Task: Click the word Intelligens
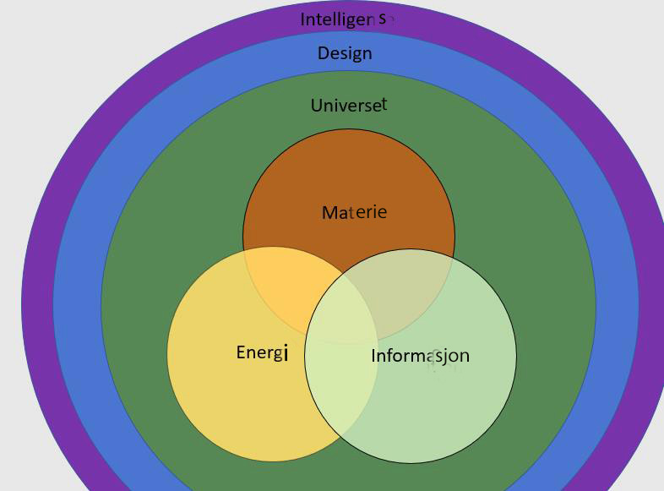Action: pyautogui.click(x=347, y=19)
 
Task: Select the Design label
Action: pyautogui.click(x=345, y=53)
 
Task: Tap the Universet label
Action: pyautogui.click(x=349, y=106)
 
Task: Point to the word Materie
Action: pyautogui.click(x=354, y=212)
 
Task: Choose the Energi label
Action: pyautogui.click(x=262, y=352)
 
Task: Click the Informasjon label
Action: pyautogui.click(x=420, y=356)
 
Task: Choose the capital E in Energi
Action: pyautogui.click(x=241, y=352)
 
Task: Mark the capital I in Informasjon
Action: pyautogui.click(x=373, y=356)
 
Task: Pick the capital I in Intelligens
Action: pyautogui.click(x=303, y=19)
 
